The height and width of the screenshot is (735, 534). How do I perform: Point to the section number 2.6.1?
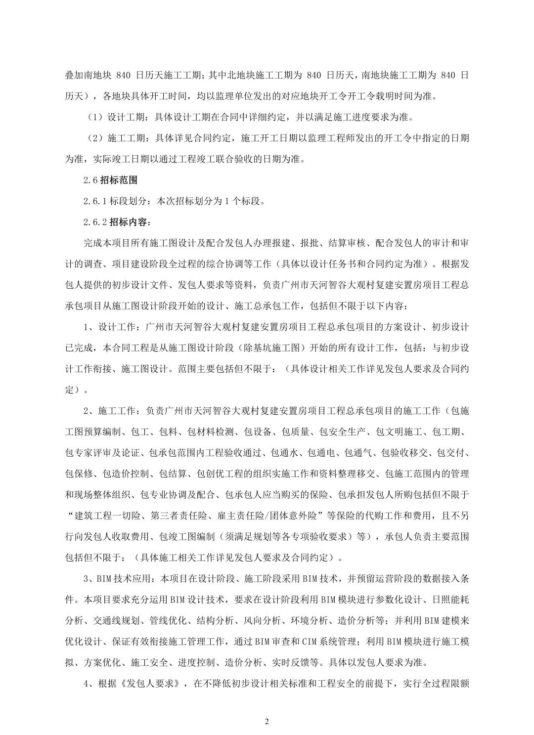click(x=95, y=201)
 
